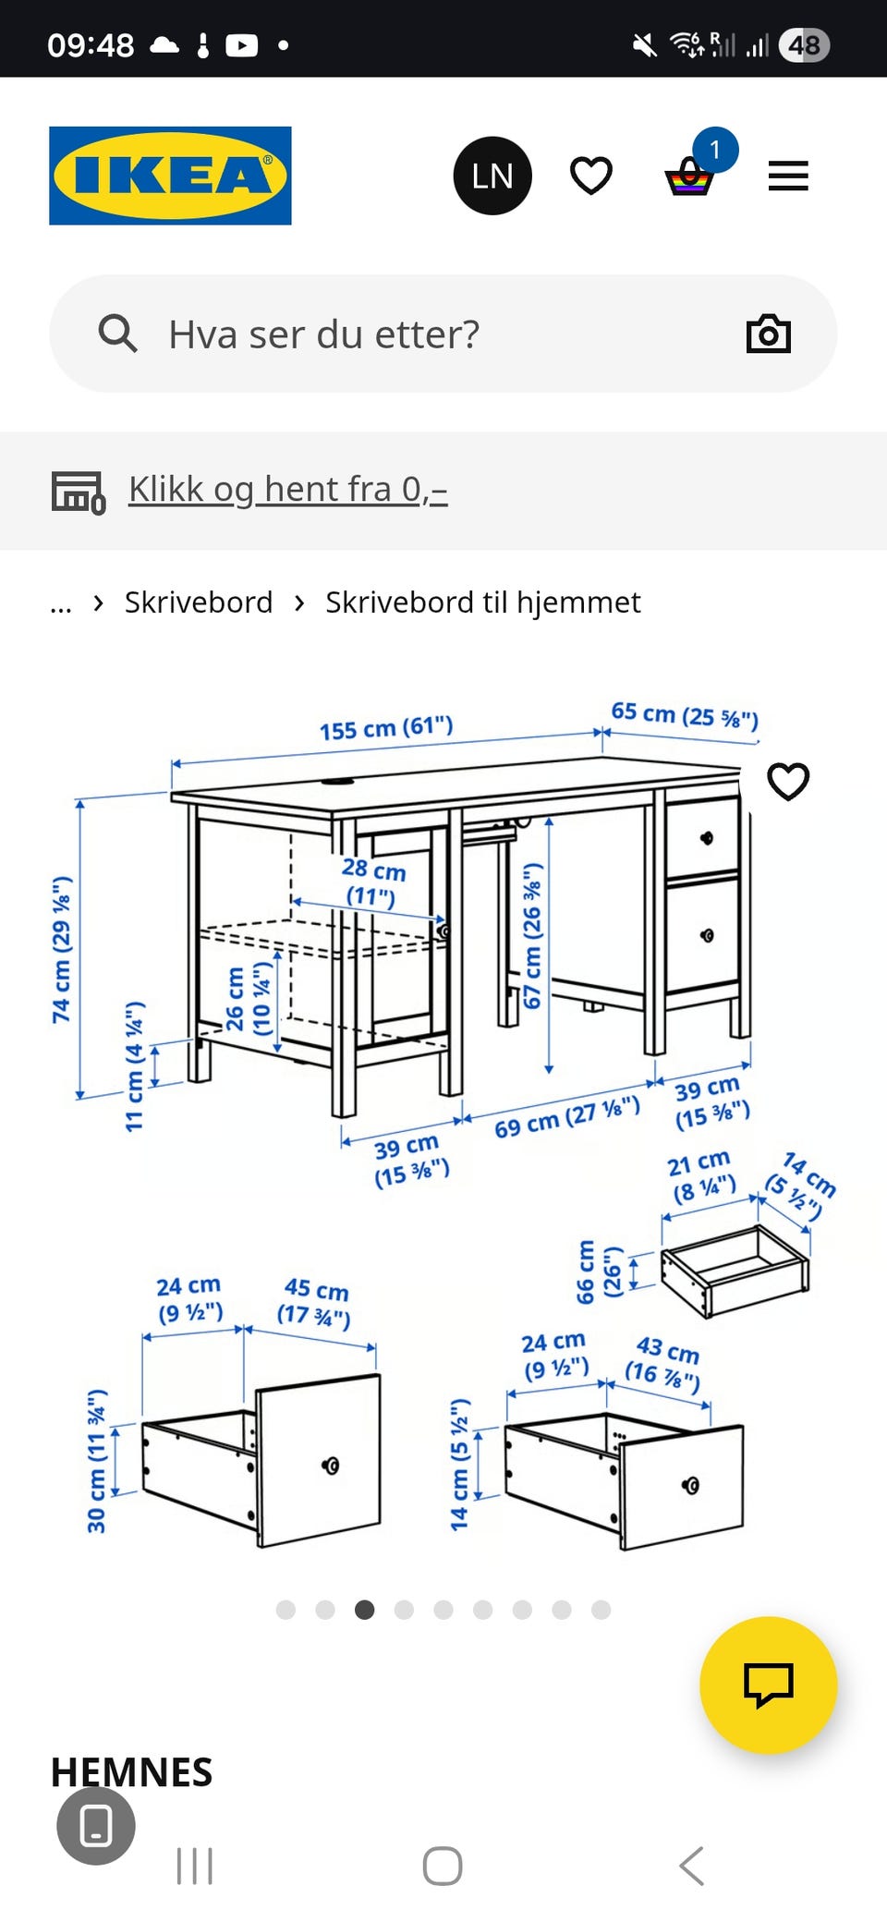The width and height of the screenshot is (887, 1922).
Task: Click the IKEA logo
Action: tap(170, 176)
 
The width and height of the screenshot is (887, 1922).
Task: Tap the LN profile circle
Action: tap(492, 176)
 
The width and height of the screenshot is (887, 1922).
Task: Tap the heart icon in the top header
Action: tap(591, 176)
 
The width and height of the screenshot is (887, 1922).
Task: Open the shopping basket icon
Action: tap(690, 176)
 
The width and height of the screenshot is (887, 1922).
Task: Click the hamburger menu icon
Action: tap(788, 176)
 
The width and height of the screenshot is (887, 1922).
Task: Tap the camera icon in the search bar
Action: tap(768, 335)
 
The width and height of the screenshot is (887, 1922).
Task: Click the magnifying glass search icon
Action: tap(117, 334)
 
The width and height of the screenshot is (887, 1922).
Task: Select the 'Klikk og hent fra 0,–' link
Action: tap(287, 489)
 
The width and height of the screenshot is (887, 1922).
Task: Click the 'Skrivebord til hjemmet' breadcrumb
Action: tap(482, 602)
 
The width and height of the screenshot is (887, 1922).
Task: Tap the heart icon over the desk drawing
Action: tap(788, 782)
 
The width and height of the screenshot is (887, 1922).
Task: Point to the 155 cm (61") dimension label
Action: tap(386, 728)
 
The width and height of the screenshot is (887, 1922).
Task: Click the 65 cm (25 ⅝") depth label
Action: tap(685, 715)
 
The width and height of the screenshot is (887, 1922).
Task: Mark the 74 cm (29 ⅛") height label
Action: tap(62, 950)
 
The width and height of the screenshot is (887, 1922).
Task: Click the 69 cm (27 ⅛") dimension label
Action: tap(566, 1115)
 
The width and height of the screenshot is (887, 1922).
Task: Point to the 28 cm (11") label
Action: tap(372, 882)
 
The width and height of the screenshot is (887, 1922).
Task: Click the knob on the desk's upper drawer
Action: tap(707, 838)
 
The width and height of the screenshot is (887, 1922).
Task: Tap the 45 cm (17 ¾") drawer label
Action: tap(315, 1301)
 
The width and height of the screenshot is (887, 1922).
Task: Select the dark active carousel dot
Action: tap(365, 1610)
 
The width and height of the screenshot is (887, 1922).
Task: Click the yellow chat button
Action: tap(768, 1684)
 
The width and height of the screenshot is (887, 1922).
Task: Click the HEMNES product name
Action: tap(131, 1772)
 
